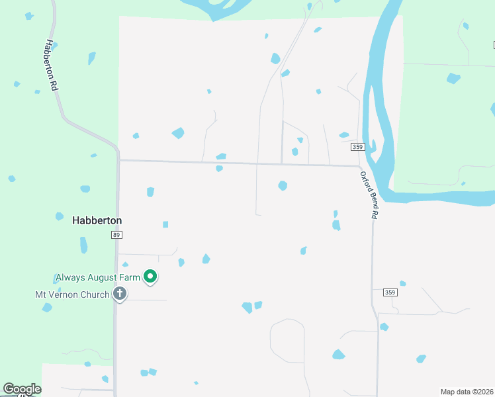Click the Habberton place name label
97,220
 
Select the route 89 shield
117,235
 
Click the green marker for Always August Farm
150,277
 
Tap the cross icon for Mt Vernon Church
120,293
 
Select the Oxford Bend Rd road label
369,195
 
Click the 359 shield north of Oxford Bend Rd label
357,147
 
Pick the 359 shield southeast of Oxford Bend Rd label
390,292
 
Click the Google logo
22,389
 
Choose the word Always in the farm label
70,277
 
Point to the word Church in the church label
95,294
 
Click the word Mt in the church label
41,294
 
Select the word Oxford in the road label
364,180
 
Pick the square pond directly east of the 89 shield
165,224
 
